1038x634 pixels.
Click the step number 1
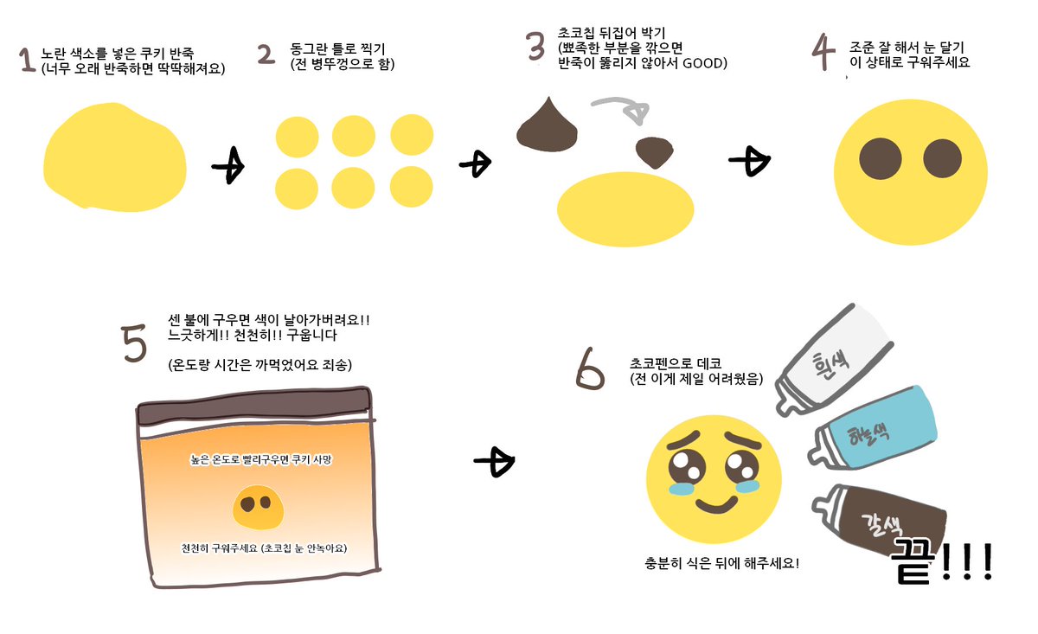[26, 60]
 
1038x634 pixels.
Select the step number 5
[135, 344]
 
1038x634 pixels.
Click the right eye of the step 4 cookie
[942, 158]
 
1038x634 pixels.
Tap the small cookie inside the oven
[255, 507]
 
